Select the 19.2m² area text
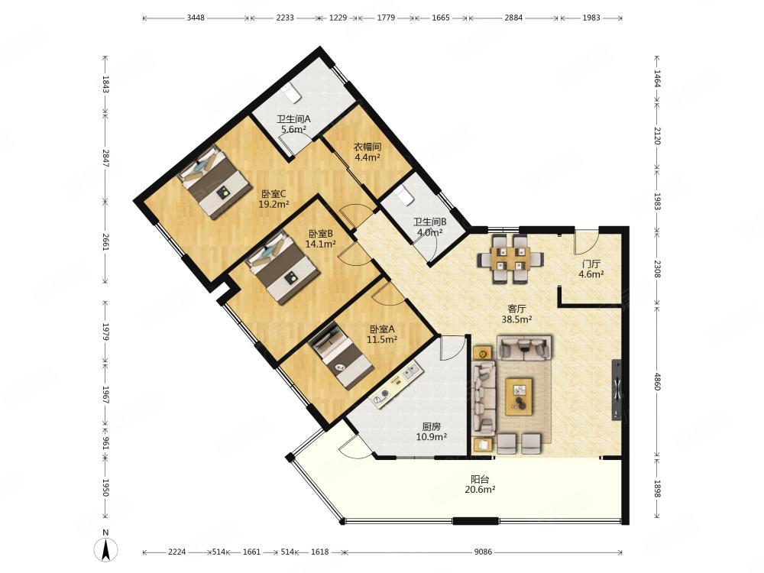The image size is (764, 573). coord(274,204)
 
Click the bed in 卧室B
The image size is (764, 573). coord(282,267)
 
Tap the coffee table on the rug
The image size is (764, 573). coord(519,396)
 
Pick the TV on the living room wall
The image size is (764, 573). coord(617,390)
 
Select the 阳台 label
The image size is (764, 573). coord(480,480)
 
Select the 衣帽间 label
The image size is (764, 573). coord(367,147)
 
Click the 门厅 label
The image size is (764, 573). coord(591,264)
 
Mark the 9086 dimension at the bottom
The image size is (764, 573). coord(483,552)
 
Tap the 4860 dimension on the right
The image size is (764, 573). coord(656,381)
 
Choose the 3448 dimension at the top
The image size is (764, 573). coord(196,18)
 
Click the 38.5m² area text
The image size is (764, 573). coord(516,319)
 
